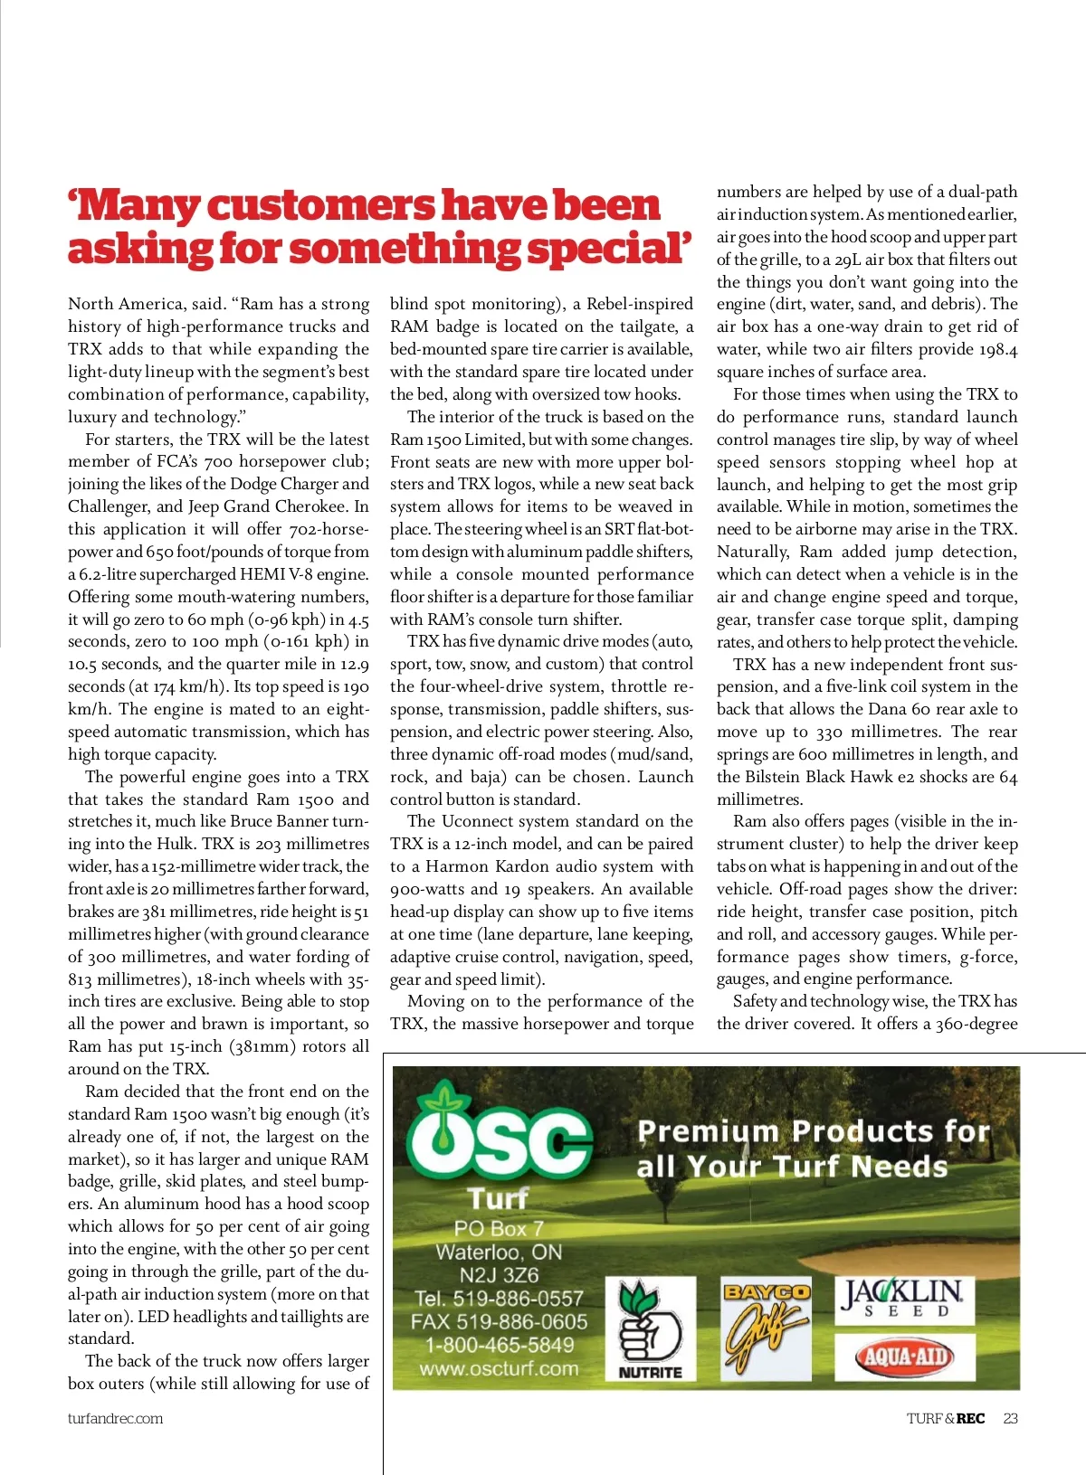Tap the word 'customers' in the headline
coord(320,205)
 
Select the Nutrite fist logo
coord(650,1328)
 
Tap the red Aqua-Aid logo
coord(904,1357)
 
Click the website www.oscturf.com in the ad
coord(499,1368)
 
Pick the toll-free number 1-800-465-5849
coord(499,1345)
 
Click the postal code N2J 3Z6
coord(499,1275)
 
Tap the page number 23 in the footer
coord(1010,1418)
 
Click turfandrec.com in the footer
coord(115,1418)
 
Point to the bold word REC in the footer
coord(970,1418)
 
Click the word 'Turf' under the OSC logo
coord(499,1198)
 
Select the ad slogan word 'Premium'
coord(708,1131)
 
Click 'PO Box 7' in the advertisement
coord(499,1228)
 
